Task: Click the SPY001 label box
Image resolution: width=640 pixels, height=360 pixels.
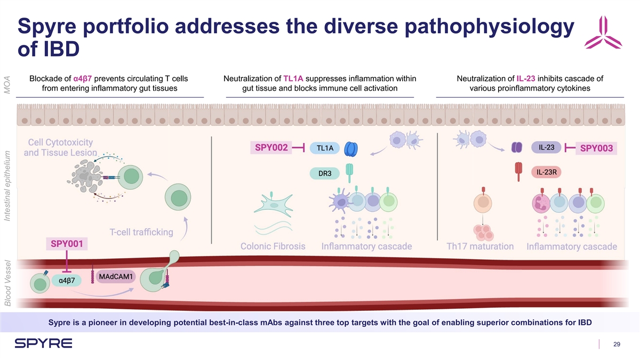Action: [x=67, y=244]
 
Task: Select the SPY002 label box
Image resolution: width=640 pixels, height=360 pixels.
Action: [x=272, y=147]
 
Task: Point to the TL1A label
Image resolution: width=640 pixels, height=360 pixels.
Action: [x=325, y=148]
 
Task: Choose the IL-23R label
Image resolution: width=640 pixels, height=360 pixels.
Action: [x=547, y=172]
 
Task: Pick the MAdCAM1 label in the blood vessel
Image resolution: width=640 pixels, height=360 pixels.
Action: [x=116, y=275]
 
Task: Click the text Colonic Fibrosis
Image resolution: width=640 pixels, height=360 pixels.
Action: [x=273, y=247]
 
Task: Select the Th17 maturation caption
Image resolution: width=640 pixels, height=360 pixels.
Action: [x=480, y=247]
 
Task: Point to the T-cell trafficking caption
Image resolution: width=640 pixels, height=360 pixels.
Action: [x=141, y=232]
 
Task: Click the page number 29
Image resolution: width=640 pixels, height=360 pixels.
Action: [x=617, y=345]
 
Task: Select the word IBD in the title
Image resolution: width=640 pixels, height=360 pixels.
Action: [x=48, y=50]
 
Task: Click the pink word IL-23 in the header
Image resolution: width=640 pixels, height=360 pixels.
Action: [x=526, y=79]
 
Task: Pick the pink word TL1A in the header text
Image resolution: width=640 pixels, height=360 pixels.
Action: [x=293, y=79]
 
